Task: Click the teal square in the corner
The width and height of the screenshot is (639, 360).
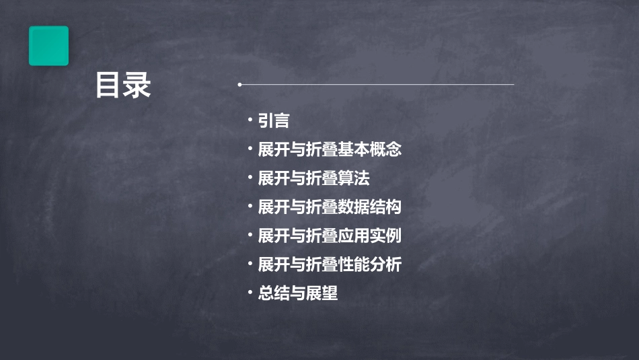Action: coord(48,46)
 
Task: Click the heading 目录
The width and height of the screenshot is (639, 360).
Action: coord(123,86)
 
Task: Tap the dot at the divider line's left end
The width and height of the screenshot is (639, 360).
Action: coord(239,85)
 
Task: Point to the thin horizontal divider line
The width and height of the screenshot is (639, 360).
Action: coord(377,85)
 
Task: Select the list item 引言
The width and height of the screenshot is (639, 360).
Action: coord(274,121)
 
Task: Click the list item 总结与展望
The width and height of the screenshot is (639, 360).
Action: coord(298,294)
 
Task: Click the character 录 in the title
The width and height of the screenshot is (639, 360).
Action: coord(138,86)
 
